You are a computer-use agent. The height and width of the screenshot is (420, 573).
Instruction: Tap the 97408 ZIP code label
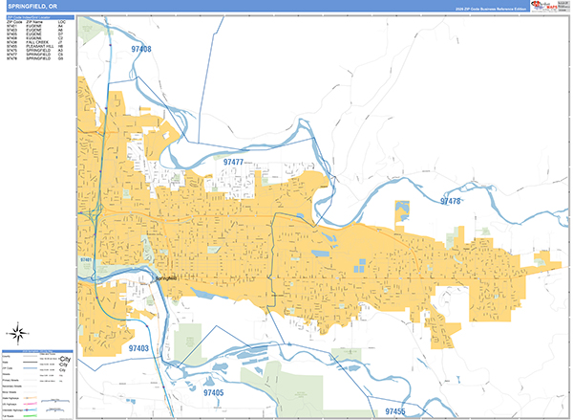pyautogui.click(x=141, y=48)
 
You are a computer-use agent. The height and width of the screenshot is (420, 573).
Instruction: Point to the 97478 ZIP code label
pyautogui.click(x=451, y=201)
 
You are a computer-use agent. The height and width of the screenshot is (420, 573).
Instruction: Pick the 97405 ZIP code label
pyautogui.click(x=213, y=392)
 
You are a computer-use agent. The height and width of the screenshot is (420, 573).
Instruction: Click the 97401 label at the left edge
pyautogui.click(x=86, y=260)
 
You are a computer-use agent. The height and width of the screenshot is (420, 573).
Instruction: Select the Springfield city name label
pyautogui.click(x=165, y=277)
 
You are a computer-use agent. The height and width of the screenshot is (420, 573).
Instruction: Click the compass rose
pyautogui.click(x=17, y=333)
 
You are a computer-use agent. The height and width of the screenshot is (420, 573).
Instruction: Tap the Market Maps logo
pyautogui.click(x=546, y=7)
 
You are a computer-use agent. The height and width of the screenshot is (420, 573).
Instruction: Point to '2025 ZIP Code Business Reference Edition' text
pyautogui.click(x=488, y=9)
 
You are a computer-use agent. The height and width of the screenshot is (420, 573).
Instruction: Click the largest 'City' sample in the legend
pyautogui.click(x=65, y=359)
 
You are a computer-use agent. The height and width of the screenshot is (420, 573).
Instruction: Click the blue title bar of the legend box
pyautogui.click(x=39, y=352)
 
